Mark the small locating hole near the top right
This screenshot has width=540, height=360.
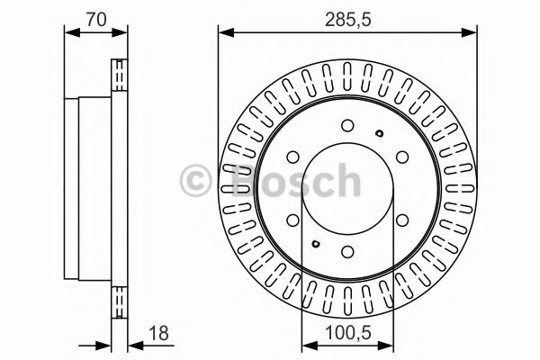(380, 134)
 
